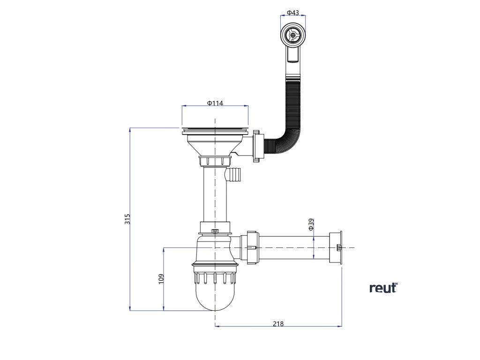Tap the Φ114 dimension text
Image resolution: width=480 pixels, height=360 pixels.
click(215, 103)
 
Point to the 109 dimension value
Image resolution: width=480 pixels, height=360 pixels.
click(161, 279)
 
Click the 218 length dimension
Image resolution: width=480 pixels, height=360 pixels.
click(278, 323)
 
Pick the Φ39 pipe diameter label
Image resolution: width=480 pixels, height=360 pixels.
click(311, 225)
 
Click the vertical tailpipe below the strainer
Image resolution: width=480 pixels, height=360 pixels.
click(215, 195)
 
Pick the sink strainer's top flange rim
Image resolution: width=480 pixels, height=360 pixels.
click(215, 127)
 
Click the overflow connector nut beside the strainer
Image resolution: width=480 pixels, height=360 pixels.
click(256, 146)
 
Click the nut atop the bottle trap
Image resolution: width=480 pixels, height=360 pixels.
click(215, 228)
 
